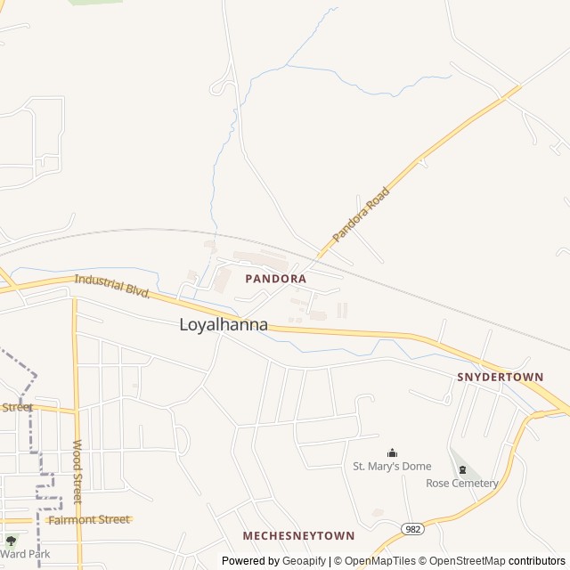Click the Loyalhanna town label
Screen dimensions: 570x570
224,324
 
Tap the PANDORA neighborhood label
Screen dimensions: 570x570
275,279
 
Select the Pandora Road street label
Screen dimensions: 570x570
362,215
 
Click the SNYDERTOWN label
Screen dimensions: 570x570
500,377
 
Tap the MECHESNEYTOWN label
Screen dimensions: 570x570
298,535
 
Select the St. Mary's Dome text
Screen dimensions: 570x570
392,466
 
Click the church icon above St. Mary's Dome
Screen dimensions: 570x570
392,452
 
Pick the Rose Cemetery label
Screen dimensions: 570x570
462,483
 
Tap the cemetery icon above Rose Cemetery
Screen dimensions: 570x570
461,469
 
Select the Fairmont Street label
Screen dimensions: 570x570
89,519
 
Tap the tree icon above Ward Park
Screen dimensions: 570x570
11,540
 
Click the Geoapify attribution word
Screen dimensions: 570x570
304,561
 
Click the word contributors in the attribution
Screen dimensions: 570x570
537,561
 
